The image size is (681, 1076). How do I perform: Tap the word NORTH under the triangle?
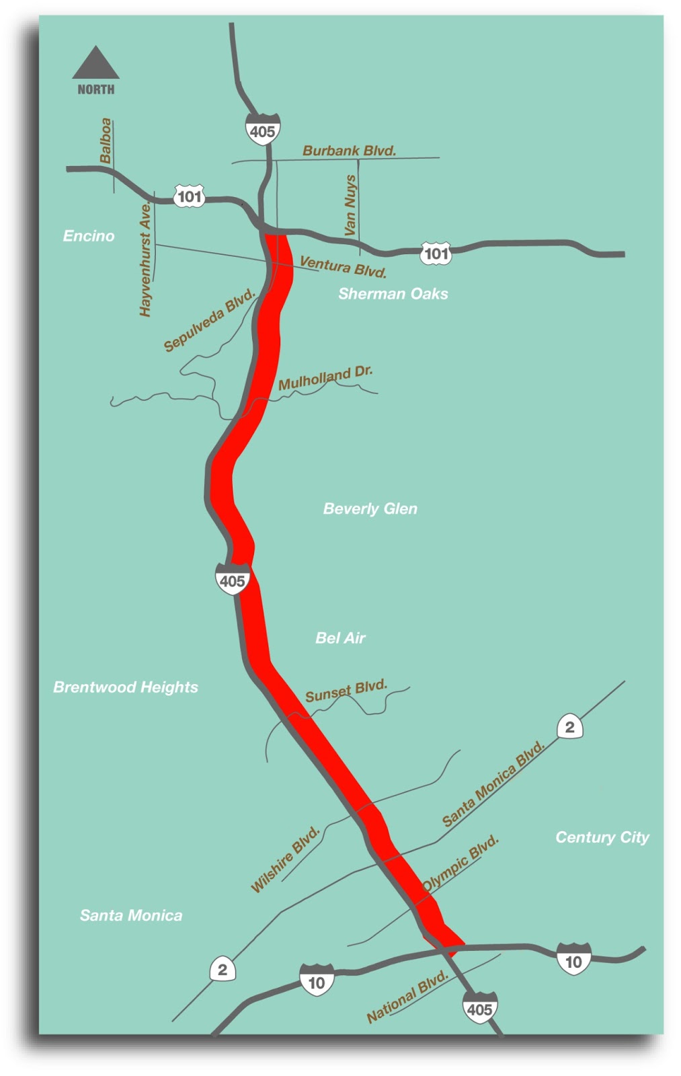pos(96,89)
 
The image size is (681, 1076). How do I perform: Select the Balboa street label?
pos(106,141)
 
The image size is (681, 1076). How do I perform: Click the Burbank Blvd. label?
pos(349,151)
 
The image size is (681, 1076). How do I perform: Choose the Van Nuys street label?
pos(350,205)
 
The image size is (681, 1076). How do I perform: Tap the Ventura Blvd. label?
pos(343,266)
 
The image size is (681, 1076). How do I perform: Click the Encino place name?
pos(89,236)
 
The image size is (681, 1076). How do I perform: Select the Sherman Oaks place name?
pos(393,294)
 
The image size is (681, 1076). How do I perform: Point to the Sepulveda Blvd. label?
pos(210,320)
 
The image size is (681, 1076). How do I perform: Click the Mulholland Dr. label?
pos(325,378)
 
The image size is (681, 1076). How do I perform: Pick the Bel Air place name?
pos(340,638)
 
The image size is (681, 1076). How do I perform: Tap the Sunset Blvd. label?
pos(346,691)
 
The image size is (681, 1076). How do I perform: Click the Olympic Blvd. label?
pos(460,863)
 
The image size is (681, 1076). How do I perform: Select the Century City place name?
pos(602,837)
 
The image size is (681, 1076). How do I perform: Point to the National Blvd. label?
pos(407,997)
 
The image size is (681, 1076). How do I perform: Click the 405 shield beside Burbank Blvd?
pos(262,130)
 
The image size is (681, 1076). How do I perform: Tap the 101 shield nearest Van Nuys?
pos(436,254)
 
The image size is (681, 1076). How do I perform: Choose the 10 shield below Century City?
pos(573,960)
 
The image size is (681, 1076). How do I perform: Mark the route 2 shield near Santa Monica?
pos(223,970)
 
